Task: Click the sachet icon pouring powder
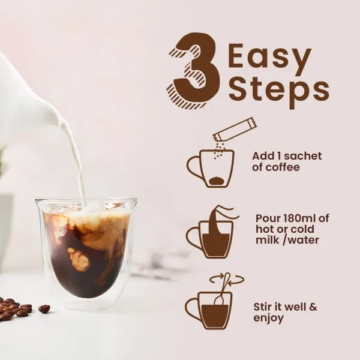(235, 128)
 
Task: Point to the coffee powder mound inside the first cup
(217, 180)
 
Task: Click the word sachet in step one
(303, 156)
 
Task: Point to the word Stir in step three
(262, 307)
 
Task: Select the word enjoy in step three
(268, 318)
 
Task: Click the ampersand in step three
(313, 307)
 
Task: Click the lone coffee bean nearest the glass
(44, 308)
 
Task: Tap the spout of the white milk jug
(60, 119)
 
